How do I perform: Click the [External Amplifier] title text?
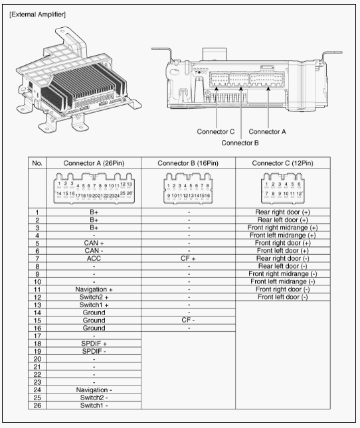pyautogui.click(x=37, y=15)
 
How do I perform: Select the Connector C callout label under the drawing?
pyautogui.click(x=216, y=131)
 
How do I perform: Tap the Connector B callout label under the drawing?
pyautogui.click(x=240, y=143)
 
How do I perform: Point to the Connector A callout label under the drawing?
pyautogui.click(x=267, y=131)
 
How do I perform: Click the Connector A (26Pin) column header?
pyautogui.click(x=94, y=163)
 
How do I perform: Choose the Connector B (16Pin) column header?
pyautogui.click(x=188, y=163)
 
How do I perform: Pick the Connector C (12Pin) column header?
pyautogui.click(x=282, y=163)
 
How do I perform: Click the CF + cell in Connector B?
pyautogui.click(x=188, y=258)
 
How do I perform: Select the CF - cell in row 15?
pyautogui.click(x=188, y=320)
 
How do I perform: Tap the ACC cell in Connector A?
pyautogui.click(x=94, y=258)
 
